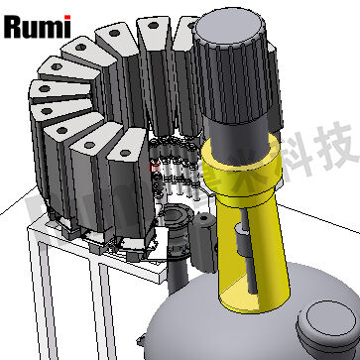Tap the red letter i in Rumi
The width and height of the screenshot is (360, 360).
coord(65,25)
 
